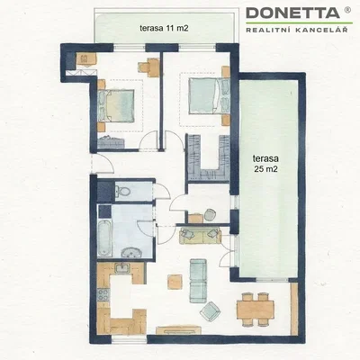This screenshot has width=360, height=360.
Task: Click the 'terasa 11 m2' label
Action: (x=164, y=28)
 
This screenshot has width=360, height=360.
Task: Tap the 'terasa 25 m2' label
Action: (x=265, y=164)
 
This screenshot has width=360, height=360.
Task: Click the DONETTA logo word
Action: (x=292, y=13)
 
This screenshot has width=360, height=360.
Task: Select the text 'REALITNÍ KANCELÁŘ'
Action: (x=297, y=30)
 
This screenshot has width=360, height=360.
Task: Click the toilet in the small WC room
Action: (x=122, y=190)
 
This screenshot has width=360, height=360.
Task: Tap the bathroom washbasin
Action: (x=131, y=252)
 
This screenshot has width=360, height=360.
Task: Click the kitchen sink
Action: (x=122, y=267)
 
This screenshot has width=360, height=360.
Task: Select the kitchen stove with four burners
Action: (x=103, y=294)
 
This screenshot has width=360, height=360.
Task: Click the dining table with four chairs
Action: (x=256, y=310)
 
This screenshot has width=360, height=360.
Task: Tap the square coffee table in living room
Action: (x=175, y=282)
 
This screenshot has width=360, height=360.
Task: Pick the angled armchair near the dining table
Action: (x=211, y=311)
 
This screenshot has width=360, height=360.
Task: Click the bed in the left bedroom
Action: (x=115, y=106)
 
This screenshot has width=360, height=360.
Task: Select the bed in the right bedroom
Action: (x=209, y=96)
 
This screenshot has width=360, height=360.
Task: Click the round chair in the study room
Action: (x=210, y=214)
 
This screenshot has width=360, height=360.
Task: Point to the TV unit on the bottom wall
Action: (x=179, y=329)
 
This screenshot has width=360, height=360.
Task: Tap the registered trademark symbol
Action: (x=347, y=10)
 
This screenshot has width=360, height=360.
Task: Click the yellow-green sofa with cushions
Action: (x=200, y=236)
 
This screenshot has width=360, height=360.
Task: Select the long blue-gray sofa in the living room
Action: (x=198, y=281)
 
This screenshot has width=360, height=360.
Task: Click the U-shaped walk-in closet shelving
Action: (x=208, y=158)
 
